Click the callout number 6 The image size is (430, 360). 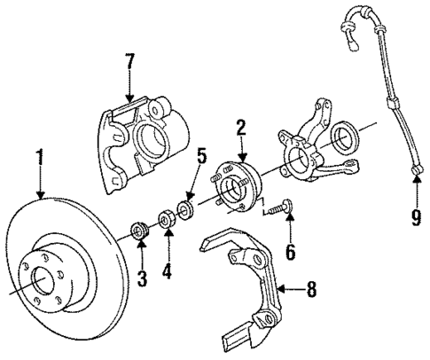click(x=289, y=253)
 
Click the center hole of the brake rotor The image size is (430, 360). click(x=45, y=288)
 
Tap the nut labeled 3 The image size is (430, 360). click(x=137, y=232)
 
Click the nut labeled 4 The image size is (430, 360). click(x=166, y=219)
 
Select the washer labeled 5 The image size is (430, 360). click(x=186, y=208)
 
